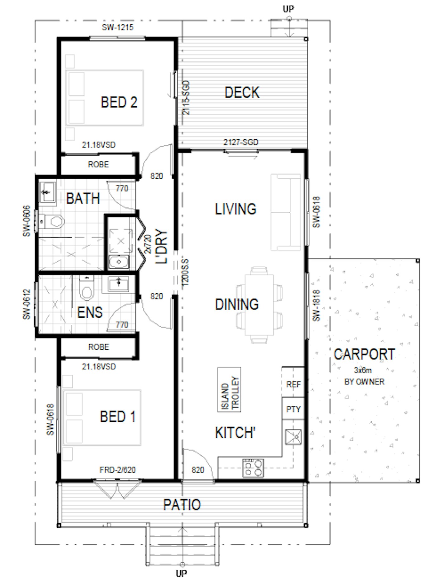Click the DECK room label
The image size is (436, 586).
pyautogui.click(x=242, y=93)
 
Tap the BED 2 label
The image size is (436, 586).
pyautogui.click(x=119, y=102)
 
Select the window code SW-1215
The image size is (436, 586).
pyautogui.click(x=118, y=27)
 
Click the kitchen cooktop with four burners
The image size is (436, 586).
pyautogui.click(x=253, y=468)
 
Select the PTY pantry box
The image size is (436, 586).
pyautogui.click(x=293, y=409)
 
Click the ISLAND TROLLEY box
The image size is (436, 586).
pyautogui.click(x=229, y=390)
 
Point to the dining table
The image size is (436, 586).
pyautogui.click(x=259, y=305)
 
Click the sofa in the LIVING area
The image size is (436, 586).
pyautogui.click(x=286, y=212)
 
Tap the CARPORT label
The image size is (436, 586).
pyautogui.click(x=364, y=354)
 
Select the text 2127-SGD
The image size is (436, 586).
pyautogui.click(x=241, y=142)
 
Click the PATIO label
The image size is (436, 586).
pyautogui.click(x=182, y=505)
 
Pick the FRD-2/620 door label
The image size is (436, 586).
pyautogui.click(x=118, y=470)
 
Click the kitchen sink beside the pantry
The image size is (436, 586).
pyautogui.click(x=293, y=437)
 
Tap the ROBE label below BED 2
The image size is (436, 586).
pyautogui.click(x=98, y=164)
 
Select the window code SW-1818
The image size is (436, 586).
pyautogui.click(x=316, y=305)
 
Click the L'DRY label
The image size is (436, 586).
pyautogui.click(x=162, y=247)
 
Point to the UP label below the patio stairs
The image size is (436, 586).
pyautogui.click(x=182, y=573)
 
